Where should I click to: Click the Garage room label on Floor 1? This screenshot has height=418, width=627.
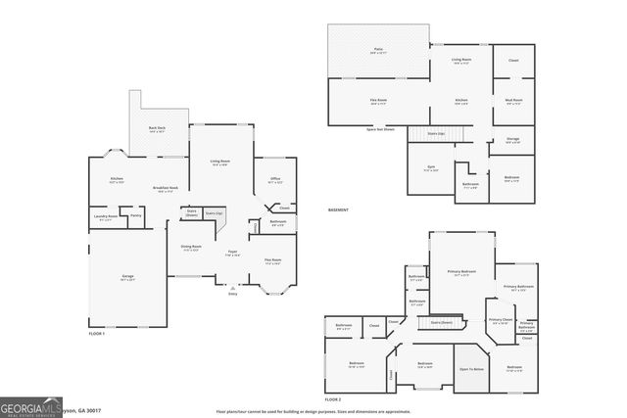(128, 277)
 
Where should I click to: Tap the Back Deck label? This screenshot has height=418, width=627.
(157, 128)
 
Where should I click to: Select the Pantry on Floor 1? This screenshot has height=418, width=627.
(136, 215)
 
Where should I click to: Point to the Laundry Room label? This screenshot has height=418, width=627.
(106, 215)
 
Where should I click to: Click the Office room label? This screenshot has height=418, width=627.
(275, 178)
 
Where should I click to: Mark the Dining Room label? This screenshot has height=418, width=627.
(191, 247)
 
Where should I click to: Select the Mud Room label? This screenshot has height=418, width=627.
(513, 99)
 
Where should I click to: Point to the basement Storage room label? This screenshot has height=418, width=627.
(513, 139)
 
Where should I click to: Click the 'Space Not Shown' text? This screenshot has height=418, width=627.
(381, 128)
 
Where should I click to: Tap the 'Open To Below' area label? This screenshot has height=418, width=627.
(472, 369)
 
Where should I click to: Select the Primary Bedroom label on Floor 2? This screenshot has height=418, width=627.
(460, 272)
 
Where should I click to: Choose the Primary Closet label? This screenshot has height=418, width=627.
(500, 320)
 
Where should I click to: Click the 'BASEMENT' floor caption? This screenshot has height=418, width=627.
(338, 210)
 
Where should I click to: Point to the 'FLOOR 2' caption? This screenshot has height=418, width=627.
(333, 399)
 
